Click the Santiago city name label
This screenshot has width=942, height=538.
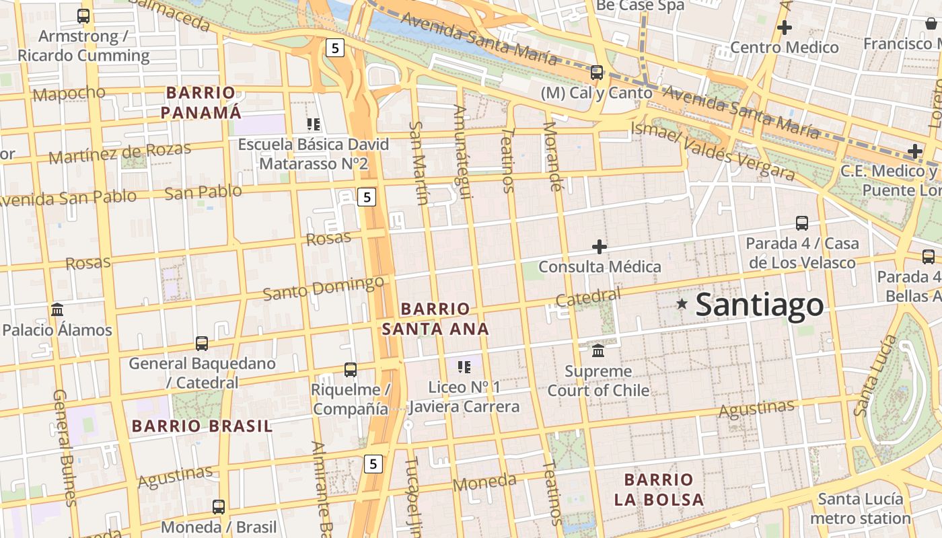click(x=759, y=305)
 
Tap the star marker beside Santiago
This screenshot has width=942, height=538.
click(x=682, y=304)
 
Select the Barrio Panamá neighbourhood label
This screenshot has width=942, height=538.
click(x=201, y=102)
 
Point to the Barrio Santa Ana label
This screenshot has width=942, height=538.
click(x=435, y=319)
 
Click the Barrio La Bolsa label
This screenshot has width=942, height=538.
click(x=659, y=490)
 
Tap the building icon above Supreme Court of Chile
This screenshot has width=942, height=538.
click(x=598, y=350)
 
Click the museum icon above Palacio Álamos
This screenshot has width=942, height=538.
click(x=57, y=310)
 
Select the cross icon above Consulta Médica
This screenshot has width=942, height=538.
click(x=600, y=247)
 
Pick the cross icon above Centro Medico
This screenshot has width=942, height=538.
click(x=784, y=28)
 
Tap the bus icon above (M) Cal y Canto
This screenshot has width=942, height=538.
click(x=596, y=73)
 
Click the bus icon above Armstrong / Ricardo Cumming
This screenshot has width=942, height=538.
click(x=83, y=16)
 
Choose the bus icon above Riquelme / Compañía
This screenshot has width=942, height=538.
click(x=350, y=369)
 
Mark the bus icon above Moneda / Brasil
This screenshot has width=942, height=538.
click(x=219, y=507)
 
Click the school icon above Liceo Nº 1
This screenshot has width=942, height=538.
click(x=464, y=367)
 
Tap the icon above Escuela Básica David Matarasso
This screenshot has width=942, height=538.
click(x=313, y=124)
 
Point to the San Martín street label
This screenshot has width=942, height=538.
click(x=419, y=163)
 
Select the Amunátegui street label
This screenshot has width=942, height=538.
click(x=462, y=152)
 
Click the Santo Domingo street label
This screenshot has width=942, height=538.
click(x=323, y=289)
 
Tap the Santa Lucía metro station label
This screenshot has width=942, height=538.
click(x=860, y=508)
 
